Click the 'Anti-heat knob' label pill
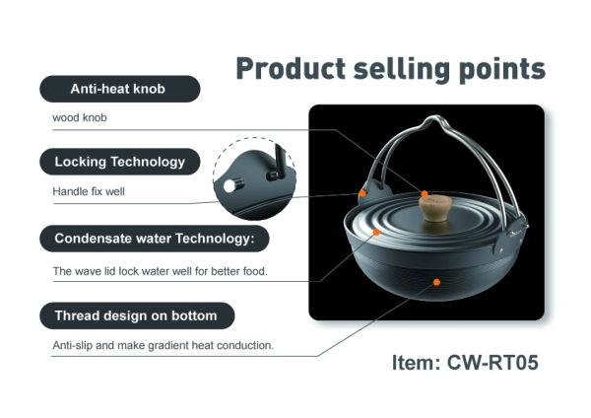pos(120,89)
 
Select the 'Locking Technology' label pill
pos(120,162)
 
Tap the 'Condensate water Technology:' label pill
pos(155,239)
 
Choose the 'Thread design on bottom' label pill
pos(137,315)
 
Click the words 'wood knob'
pos(80,117)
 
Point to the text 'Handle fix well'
pos(89,191)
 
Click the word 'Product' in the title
pos(291,69)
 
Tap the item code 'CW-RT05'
pos(492,363)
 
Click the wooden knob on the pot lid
pos(435,208)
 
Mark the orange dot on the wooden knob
pos(425,194)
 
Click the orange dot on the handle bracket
pos(362,193)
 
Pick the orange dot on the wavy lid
pos(376,232)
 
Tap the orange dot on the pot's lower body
pos(436,282)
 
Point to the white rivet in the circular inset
pos(230,186)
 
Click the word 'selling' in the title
pos(402,70)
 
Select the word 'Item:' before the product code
pos(416,363)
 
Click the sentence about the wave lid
pos(161,271)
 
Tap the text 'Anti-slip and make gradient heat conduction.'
pos(164,345)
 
